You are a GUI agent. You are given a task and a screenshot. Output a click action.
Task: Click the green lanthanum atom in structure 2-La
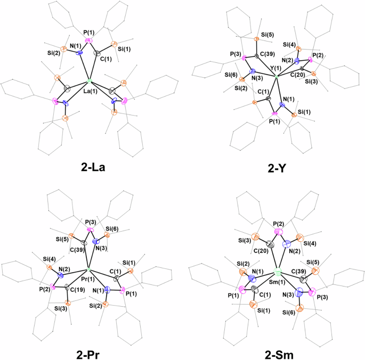click(x=90, y=81)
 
